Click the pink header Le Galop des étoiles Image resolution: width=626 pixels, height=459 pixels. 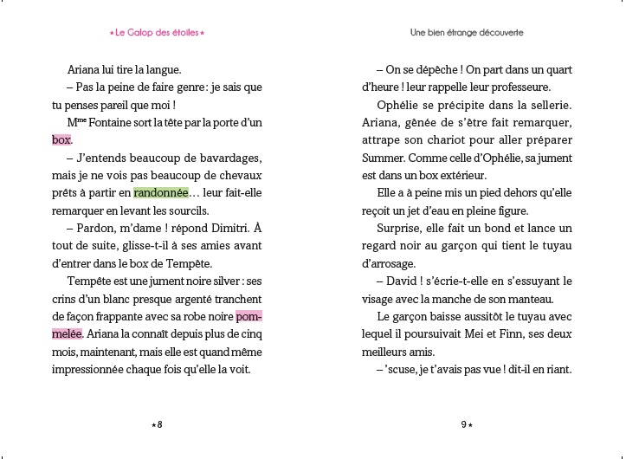coord(158,33)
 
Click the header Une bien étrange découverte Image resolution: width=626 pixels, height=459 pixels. coord(467,33)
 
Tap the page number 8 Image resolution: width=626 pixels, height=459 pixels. coord(158,423)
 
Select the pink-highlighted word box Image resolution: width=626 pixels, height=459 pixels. coord(61,139)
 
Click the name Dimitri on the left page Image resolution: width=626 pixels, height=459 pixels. coord(214,229)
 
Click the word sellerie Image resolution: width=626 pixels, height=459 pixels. coord(545,105)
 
